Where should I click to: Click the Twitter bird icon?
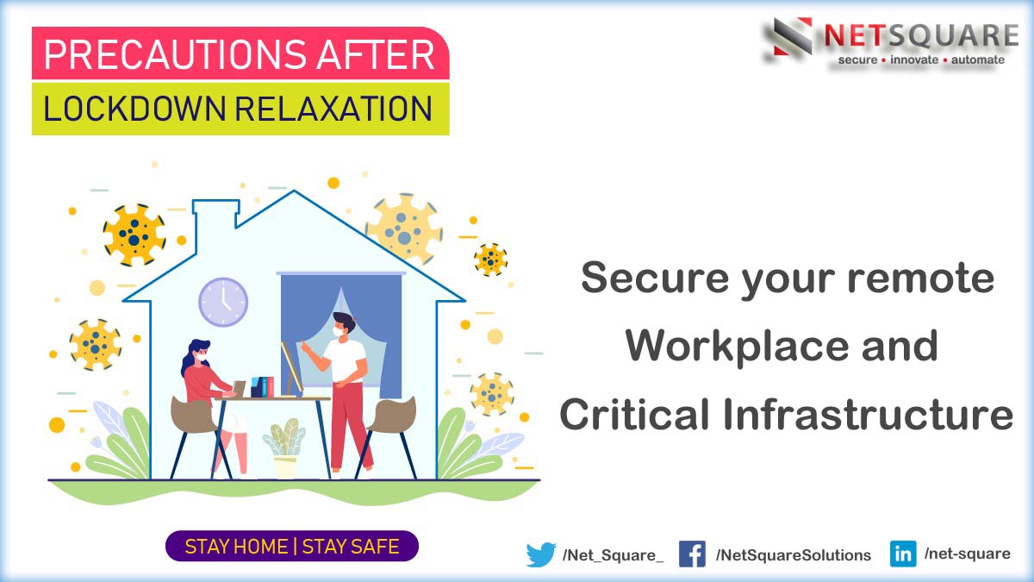tap(541, 554)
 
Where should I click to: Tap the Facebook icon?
tap(692, 554)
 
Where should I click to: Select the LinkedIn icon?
tap(903, 554)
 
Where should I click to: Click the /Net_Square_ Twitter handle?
tap(613, 555)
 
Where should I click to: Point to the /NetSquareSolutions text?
tap(793, 555)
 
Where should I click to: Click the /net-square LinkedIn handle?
tap(967, 554)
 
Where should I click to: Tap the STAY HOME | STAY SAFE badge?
tap(292, 547)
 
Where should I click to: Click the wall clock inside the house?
tap(223, 302)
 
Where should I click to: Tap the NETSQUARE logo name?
tap(920, 35)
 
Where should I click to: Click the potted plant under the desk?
tap(285, 448)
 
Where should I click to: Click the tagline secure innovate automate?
tap(921, 60)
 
